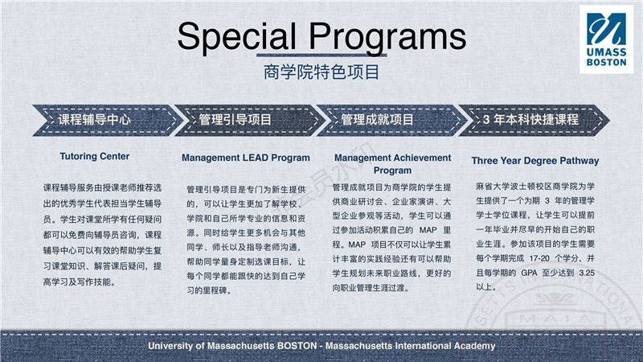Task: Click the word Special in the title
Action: [236, 36]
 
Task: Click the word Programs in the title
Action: [387, 36]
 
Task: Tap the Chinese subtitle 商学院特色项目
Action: [321, 72]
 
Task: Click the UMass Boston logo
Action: [606, 39]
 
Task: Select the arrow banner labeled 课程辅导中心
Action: [105, 120]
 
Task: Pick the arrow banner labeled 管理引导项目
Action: [248, 120]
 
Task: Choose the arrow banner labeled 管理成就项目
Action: [391, 120]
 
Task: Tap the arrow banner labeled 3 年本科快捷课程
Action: [534, 120]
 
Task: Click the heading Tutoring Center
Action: [95, 156]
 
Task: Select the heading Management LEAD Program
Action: [246, 158]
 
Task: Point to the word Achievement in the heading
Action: [422, 158]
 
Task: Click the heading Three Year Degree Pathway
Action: [535, 161]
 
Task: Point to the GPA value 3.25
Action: [587, 273]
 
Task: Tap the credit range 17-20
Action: [539, 258]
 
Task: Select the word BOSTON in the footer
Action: [297, 346]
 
